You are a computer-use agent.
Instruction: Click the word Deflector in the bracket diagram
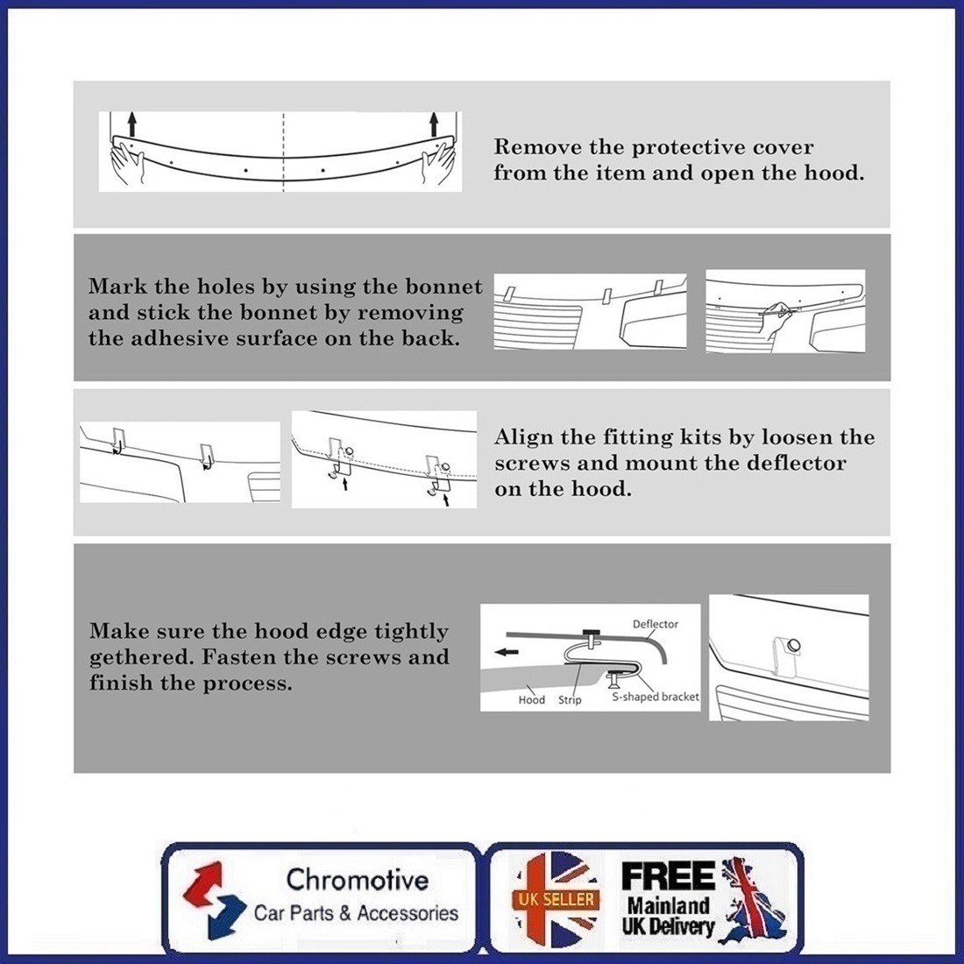pyautogui.click(x=656, y=624)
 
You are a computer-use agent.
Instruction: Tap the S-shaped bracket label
pyautogui.click(x=656, y=698)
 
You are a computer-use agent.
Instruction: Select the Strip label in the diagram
pyautogui.click(x=570, y=699)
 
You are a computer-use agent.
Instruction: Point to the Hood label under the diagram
pyautogui.click(x=531, y=699)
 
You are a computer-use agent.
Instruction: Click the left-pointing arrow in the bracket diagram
pyautogui.click(x=507, y=652)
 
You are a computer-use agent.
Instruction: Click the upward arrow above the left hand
pyautogui.click(x=131, y=125)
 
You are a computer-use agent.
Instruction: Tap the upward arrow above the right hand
pyautogui.click(x=434, y=124)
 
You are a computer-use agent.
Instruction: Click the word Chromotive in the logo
pyautogui.click(x=358, y=879)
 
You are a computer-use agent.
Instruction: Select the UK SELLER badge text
pyautogui.click(x=556, y=900)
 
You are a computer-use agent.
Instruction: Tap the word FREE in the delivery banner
pyautogui.click(x=669, y=876)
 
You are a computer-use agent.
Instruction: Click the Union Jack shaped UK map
pyautogui.click(x=755, y=901)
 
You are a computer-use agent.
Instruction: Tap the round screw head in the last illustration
pyautogui.click(x=794, y=645)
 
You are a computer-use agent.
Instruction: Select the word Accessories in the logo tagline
pyautogui.click(x=408, y=913)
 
